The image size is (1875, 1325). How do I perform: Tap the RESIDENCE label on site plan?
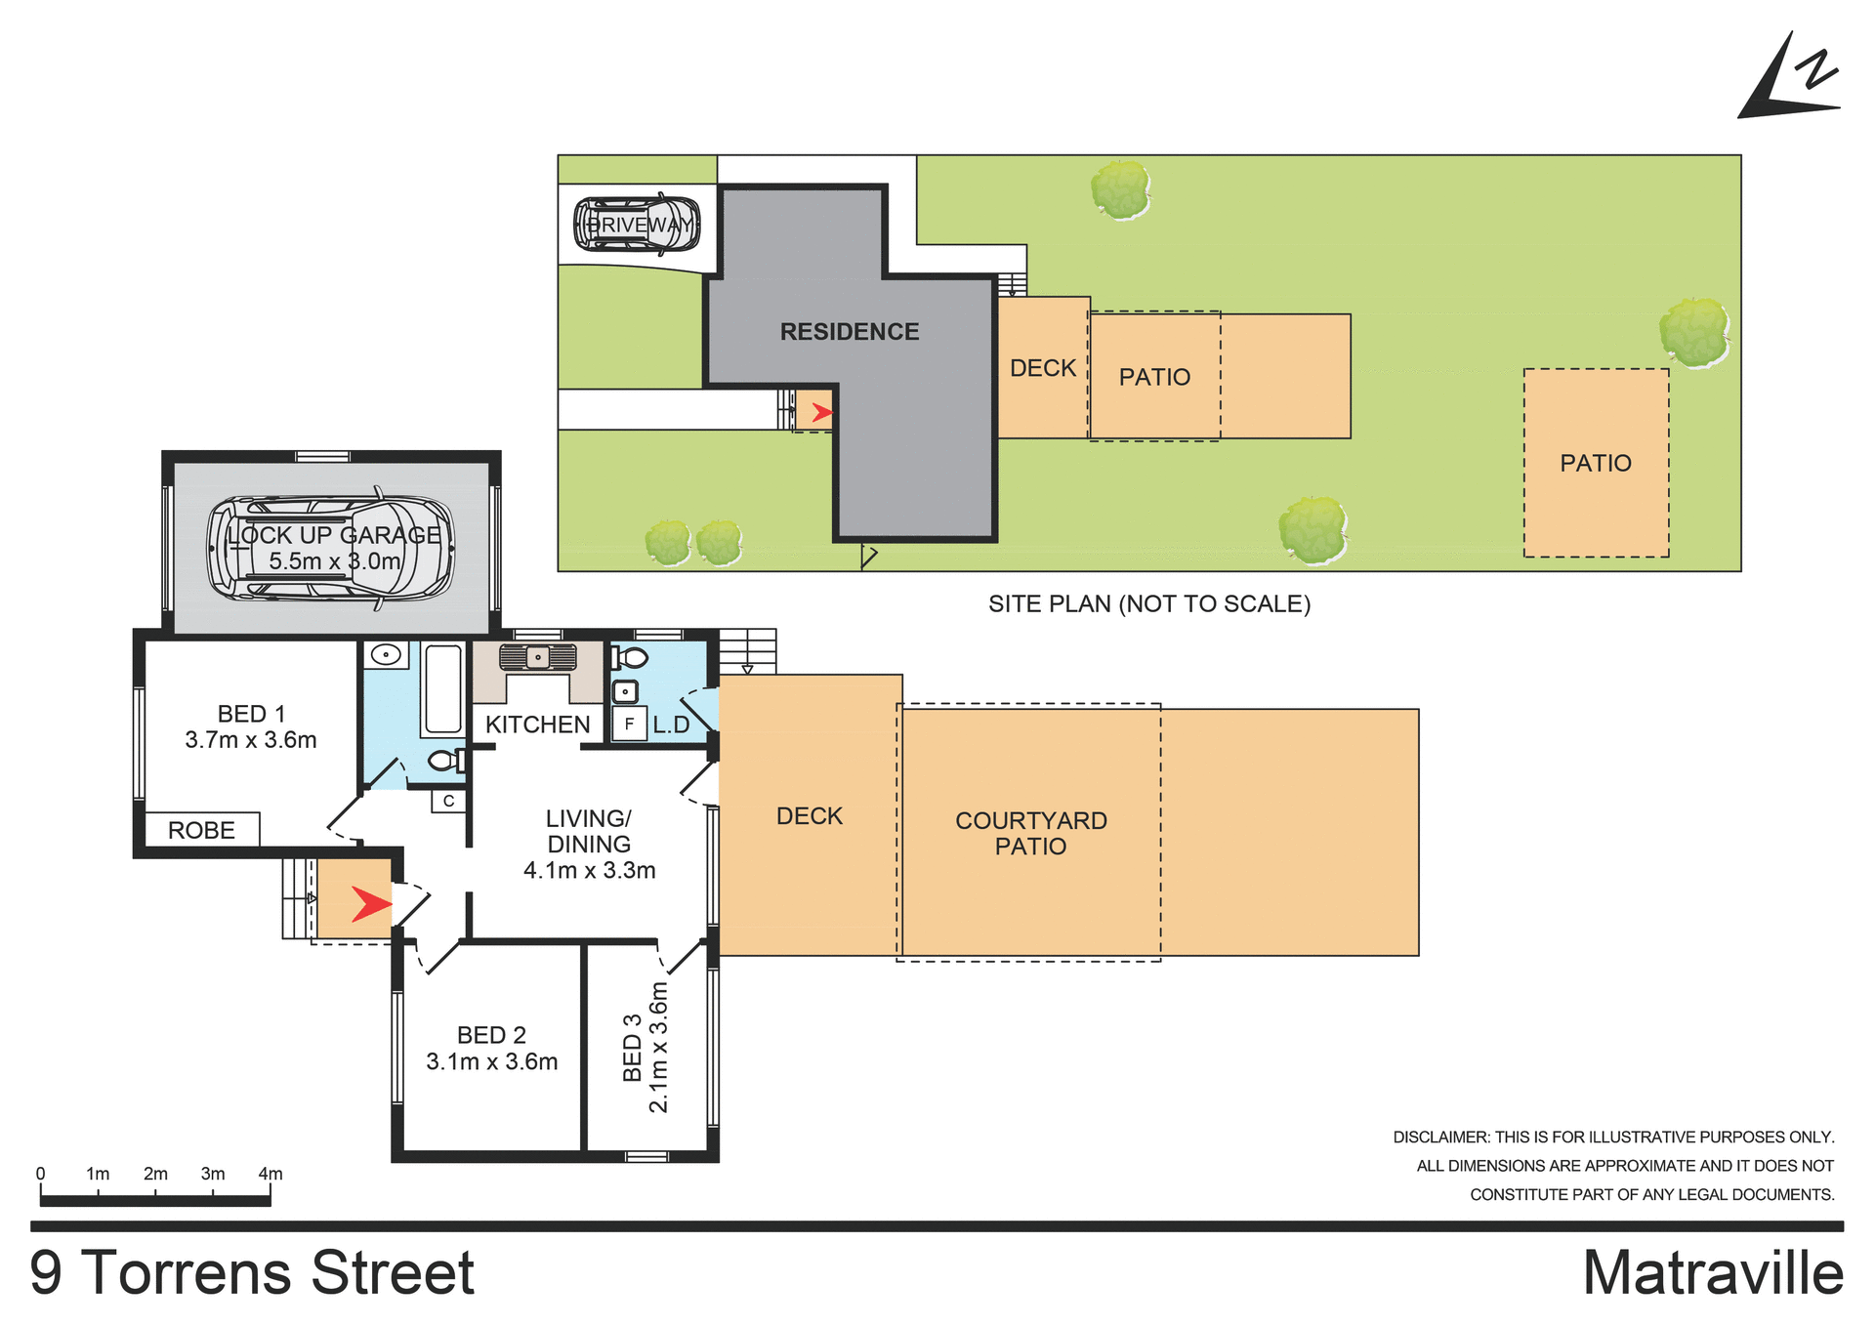[849, 332]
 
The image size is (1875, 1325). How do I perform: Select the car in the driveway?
[637, 225]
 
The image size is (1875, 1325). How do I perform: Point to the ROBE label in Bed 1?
[201, 830]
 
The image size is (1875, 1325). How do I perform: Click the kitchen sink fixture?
[537, 657]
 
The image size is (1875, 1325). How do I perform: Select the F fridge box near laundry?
[630, 725]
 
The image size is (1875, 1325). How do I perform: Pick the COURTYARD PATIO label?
[1030, 833]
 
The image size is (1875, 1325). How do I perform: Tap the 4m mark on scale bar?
[271, 1174]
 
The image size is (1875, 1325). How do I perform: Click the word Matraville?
[1712, 1274]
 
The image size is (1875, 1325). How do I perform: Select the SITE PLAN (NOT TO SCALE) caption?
[1148, 604]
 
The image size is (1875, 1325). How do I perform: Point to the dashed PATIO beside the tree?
[1595, 463]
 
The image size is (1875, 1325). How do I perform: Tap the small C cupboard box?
[448, 801]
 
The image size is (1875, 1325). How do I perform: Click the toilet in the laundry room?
[630, 657]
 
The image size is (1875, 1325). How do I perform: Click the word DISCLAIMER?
[1439, 1138]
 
